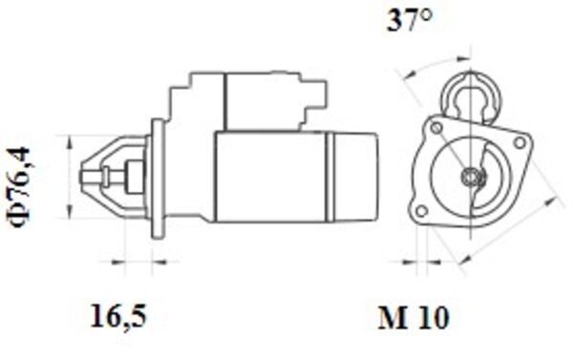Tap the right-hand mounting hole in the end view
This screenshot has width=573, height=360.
[x=520, y=143]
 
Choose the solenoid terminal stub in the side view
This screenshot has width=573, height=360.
[x=321, y=93]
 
